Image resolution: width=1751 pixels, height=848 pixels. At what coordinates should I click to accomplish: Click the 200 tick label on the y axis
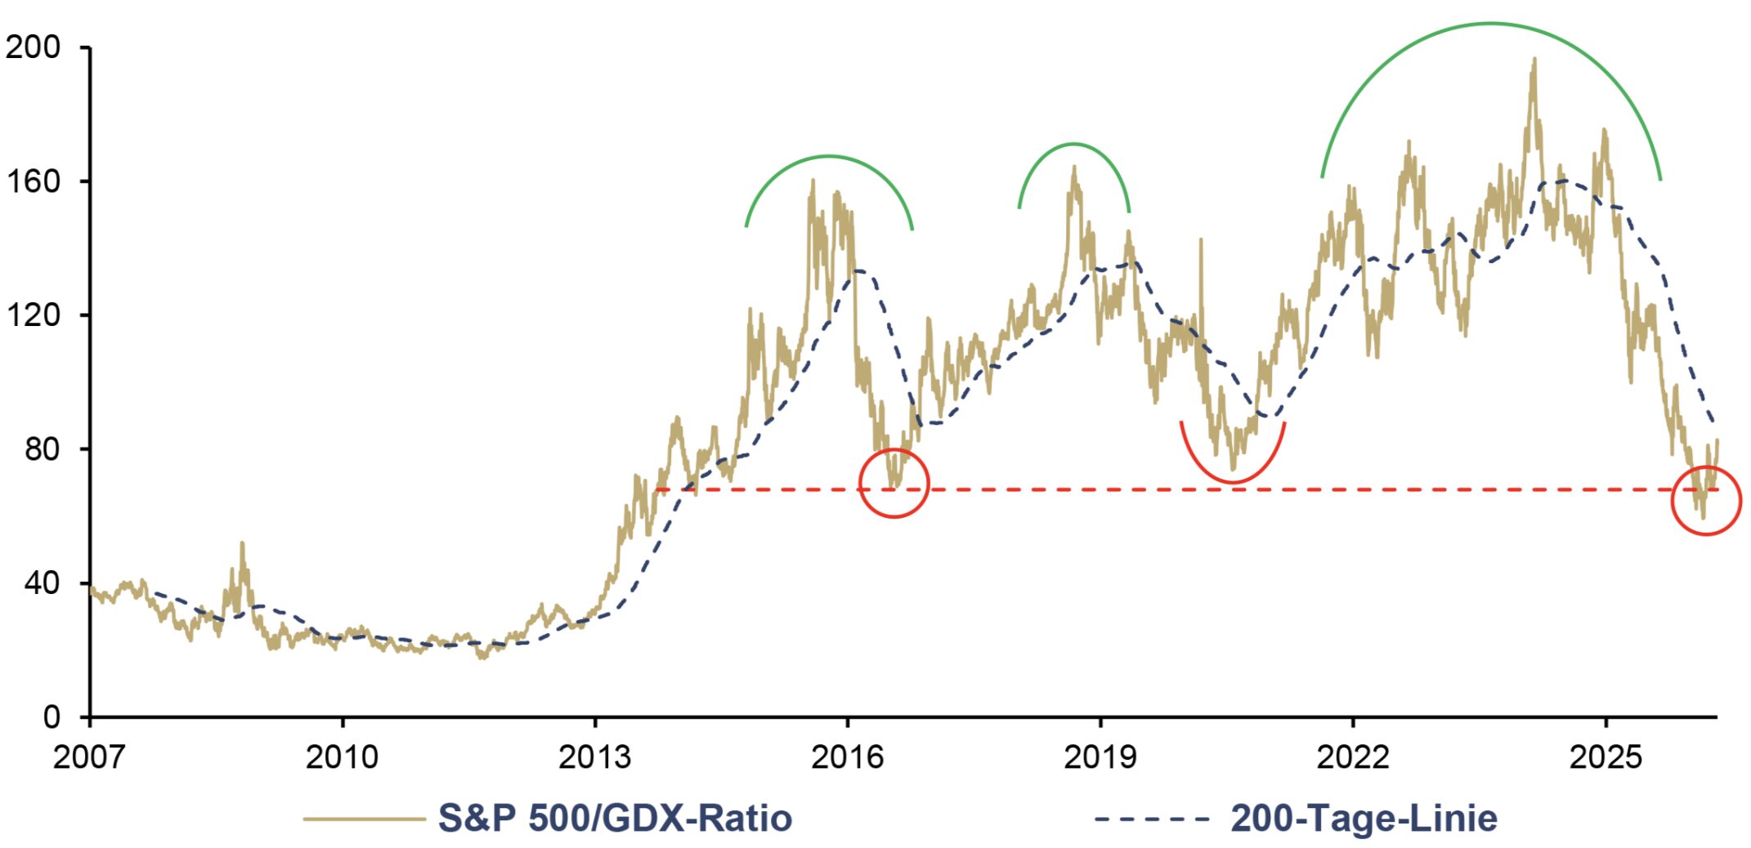click(33, 47)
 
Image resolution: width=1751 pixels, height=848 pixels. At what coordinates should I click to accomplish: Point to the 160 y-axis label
click(33, 181)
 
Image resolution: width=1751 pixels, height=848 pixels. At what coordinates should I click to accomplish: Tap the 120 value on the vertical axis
click(33, 315)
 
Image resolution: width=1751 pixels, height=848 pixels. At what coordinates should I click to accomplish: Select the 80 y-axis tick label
click(43, 449)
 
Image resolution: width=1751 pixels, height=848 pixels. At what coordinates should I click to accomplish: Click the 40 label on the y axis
click(43, 582)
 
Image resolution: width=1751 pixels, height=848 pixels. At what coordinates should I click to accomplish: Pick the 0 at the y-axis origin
click(51, 716)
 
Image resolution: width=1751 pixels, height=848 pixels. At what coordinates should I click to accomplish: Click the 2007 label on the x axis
click(89, 757)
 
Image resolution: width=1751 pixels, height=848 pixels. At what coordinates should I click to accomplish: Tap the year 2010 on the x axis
click(342, 757)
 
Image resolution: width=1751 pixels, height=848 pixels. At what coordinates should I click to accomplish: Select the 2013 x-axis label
click(594, 757)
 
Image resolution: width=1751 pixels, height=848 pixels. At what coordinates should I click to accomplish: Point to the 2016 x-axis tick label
click(847, 757)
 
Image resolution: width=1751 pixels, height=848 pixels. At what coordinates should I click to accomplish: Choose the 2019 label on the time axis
click(1099, 757)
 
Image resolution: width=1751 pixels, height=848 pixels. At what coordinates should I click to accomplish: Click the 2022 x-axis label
click(1352, 757)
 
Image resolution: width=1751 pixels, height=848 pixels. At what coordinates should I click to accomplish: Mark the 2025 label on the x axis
click(1605, 757)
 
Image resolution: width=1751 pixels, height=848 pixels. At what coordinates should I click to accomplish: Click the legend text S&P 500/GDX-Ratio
click(615, 818)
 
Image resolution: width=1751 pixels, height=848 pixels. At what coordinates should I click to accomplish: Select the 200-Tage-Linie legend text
click(1364, 818)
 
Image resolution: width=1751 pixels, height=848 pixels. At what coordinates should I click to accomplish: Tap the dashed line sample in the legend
click(1152, 819)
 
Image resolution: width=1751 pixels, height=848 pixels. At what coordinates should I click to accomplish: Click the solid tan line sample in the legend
click(364, 819)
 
